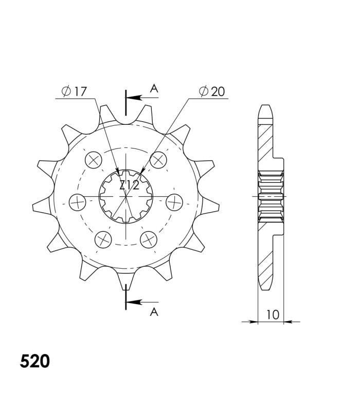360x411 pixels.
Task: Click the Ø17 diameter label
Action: point(74,91)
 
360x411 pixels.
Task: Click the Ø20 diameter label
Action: point(212,91)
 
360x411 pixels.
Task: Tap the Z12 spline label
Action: point(129,185)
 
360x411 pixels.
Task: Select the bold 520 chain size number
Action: point(35,361)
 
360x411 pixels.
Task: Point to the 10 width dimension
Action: point(273,314)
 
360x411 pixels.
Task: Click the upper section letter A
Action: point(154,88)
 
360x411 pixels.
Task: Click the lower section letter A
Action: point(154,312)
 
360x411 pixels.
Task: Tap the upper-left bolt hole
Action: point(94,160)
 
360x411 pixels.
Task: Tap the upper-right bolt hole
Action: point(158,160)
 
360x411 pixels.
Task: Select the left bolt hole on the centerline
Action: point(78,202)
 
